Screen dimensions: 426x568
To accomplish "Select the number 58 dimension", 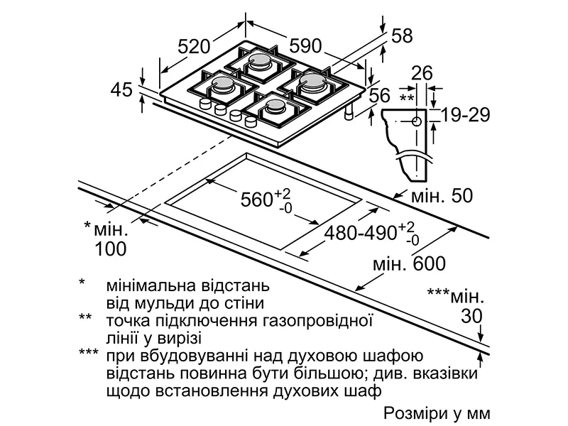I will (402, 36).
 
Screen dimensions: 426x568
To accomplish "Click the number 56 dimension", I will (381, 96).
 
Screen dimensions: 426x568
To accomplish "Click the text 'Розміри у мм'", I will (437, 413).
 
